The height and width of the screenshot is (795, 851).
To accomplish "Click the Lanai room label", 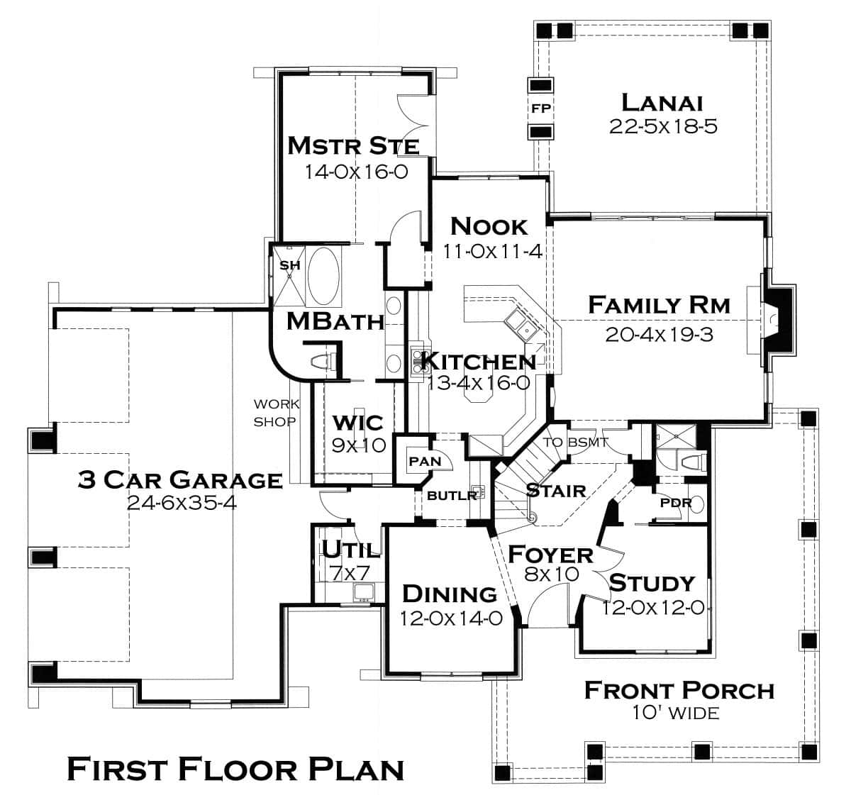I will tap(662, 102).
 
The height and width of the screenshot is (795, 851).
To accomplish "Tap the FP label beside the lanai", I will tap(541, 109).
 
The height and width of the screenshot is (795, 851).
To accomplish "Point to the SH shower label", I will tap(289, 265).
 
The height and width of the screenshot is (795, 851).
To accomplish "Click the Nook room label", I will tap(489, 226).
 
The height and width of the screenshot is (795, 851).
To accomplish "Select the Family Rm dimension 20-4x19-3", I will tap(659, 334).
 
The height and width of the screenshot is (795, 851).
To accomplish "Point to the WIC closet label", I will tap(358, 423).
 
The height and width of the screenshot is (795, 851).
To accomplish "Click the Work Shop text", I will tap(276, 413).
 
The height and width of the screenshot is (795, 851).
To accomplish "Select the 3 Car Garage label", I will tap(179, 480).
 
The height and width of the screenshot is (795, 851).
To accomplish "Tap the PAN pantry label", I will tap(425, 461).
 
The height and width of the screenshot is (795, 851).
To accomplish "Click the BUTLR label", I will tap(452, 495).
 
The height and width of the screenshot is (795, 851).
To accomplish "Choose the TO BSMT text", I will tap(576, 443).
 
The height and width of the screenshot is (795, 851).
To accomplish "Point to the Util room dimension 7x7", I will tap(345, 573).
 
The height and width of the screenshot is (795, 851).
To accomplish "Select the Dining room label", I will tap(450, 594).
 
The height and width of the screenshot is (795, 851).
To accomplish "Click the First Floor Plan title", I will tap(235, 768).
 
